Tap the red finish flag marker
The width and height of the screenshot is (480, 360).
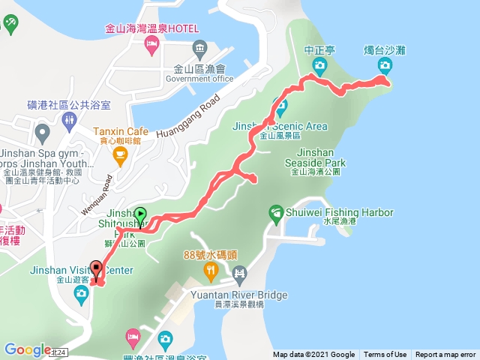[97, 268]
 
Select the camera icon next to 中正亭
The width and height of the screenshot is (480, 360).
[319, 67]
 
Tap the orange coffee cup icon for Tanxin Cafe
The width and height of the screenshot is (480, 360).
[119, 155]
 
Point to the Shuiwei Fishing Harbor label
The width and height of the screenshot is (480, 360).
[339, 213]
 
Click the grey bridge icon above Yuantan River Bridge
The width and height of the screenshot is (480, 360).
[238, 273]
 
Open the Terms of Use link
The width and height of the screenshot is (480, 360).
[385, 355]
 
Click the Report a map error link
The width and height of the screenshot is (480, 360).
[446, 355]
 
